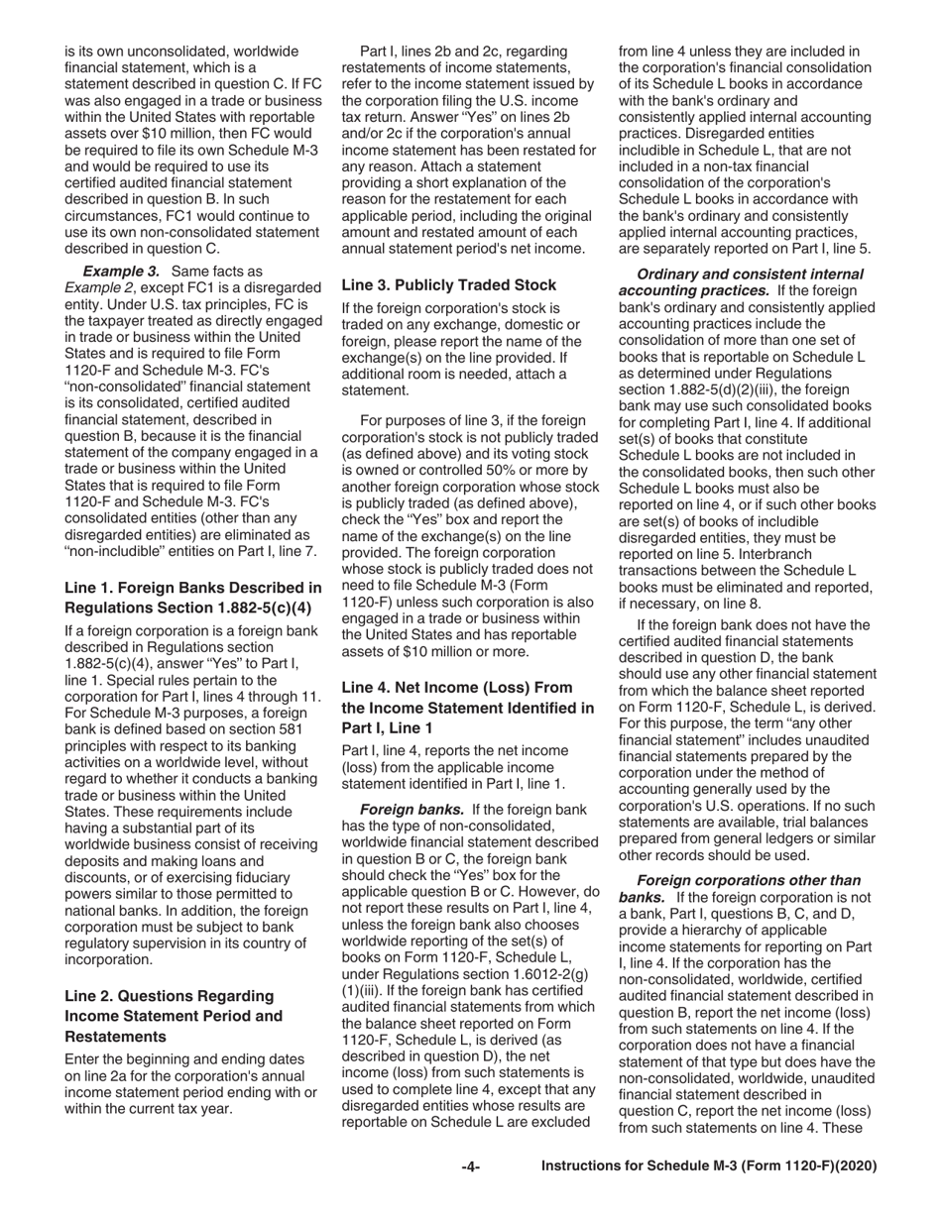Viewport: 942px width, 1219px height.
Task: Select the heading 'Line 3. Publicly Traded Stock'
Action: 449,284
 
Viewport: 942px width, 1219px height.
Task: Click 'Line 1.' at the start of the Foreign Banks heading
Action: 91,587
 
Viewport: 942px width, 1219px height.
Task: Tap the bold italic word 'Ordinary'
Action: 669,274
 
